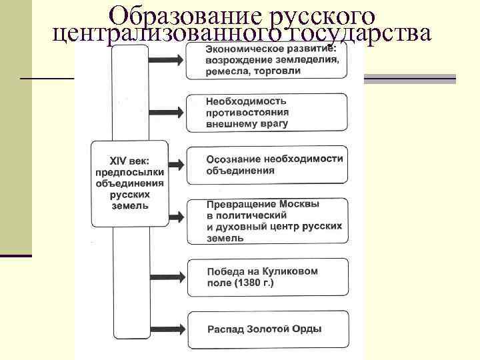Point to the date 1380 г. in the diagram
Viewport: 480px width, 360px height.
[251, 283]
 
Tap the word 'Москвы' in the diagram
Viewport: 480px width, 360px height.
[297, 205]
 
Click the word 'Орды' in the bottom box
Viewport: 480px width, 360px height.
[306, 329]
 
